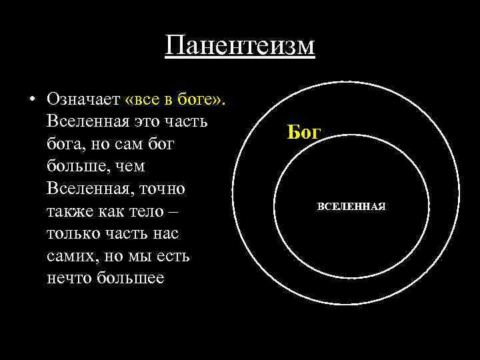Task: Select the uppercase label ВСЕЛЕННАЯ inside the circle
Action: (351, 207)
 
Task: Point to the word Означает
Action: (83, 99)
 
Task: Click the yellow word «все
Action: (141, 99)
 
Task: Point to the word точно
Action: (163, 189)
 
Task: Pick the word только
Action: (76, 235)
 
